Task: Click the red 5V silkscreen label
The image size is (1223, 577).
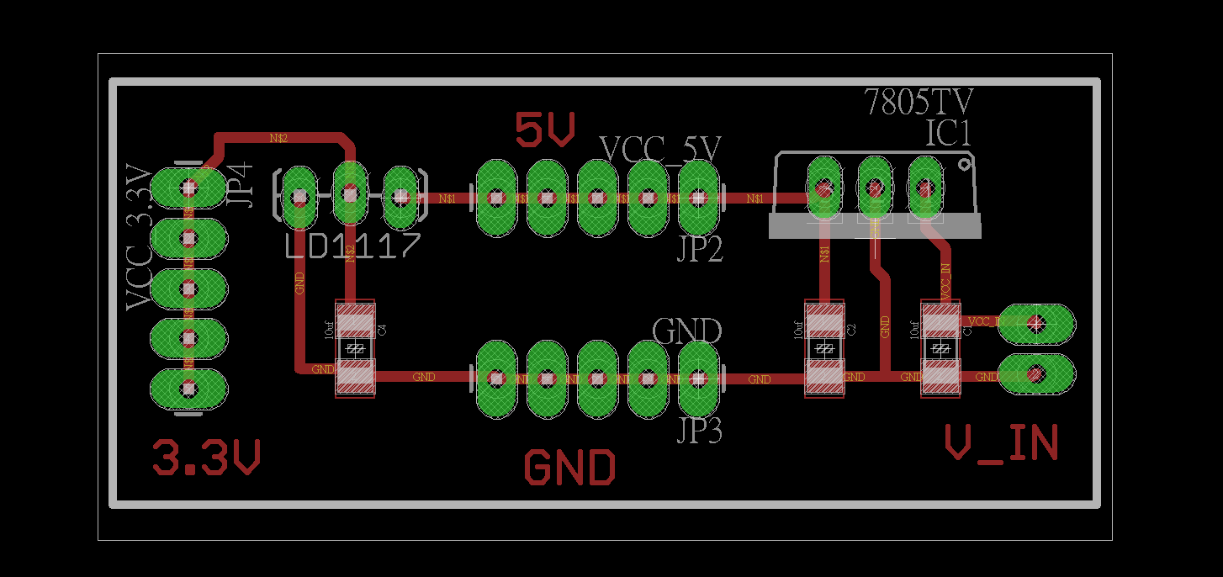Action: pyautogui.click(x=545, y=130)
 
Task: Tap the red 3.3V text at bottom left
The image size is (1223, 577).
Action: pyautogui.click(x=207, y=458)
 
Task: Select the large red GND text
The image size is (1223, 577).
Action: pyautogui.click(x=569, y=468)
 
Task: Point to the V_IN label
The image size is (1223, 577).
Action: pyautogui.click(x=1001, y=443)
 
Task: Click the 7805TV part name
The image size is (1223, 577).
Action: pyautogui.click(x=919, y=103)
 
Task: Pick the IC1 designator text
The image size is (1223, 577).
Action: pyautogui.click(x=948, y=134)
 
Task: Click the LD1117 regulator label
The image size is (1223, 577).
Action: pyautogui.click(x=352, y=246)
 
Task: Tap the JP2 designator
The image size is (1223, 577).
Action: pyautogui.click(x=700, y=250)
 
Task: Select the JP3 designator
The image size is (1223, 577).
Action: pyautogui.click(x=700, y=431)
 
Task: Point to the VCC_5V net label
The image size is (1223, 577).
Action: pyautogui.click(x=660, y=150)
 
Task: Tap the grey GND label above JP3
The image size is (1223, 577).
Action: pyautogui.click(x=687, y=331)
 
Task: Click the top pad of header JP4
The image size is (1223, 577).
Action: pyautogui.click(x=188, y=188)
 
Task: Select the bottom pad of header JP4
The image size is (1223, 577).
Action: pyautogui.click(x=188, y=389)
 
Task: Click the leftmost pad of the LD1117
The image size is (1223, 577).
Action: pyautogui.click(x=299, y=199)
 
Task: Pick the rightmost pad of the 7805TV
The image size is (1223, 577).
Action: pyautogui.click(x=925, y=189)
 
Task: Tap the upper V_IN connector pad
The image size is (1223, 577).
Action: pyautogui.click(x=1036, y=322)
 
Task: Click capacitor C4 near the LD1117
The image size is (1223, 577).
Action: pyautogui.click(x=355, y=348)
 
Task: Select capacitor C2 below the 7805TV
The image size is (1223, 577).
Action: pyautogui.click(x=824, y=348)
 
